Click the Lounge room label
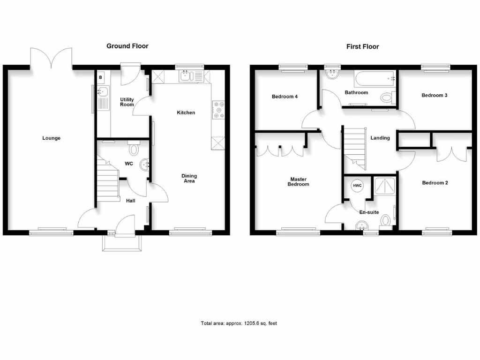[52, 138]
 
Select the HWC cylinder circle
[357, 186]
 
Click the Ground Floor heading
[127, 46]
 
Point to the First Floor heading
[363, 46]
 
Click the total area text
[239, 323]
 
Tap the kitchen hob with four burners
[218, 110]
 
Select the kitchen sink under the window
[186, 76]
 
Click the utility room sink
[102, 91]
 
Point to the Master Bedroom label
[299, 182]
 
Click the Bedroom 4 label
[285, 97]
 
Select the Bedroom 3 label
[435, 95]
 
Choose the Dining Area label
[189, 179]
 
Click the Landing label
[380, 138]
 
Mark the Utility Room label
[127, 102]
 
